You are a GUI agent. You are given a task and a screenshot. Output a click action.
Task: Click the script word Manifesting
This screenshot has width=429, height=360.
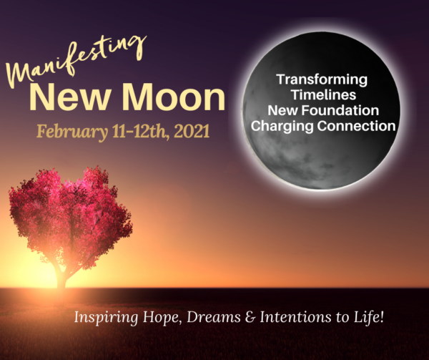tap(75, 62)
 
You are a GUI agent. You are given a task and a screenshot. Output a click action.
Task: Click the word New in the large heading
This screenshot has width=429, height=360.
tap(71, 97)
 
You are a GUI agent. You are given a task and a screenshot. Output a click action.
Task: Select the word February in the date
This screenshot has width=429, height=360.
tap(72, 132)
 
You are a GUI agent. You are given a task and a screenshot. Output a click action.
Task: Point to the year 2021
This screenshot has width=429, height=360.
tap(192, 131)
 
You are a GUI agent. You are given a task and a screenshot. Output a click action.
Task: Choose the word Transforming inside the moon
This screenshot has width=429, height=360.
tap(322, 79)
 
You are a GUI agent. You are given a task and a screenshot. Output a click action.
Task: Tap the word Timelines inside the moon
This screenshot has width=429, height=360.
tap(324, 94)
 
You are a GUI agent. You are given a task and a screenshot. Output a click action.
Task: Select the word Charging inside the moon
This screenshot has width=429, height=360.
tap(282, 126)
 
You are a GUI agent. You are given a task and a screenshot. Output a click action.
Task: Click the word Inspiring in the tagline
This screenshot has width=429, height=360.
tap(106, 318)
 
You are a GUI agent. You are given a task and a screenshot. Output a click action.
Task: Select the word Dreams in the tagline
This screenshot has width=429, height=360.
tap(214, 317)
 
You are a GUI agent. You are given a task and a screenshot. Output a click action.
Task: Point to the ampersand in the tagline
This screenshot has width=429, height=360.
tap(250, 317)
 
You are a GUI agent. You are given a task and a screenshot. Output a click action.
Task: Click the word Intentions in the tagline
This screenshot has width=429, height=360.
tap(295, 317)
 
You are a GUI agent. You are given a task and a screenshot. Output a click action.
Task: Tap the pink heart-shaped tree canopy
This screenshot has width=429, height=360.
tap(71, 216)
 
